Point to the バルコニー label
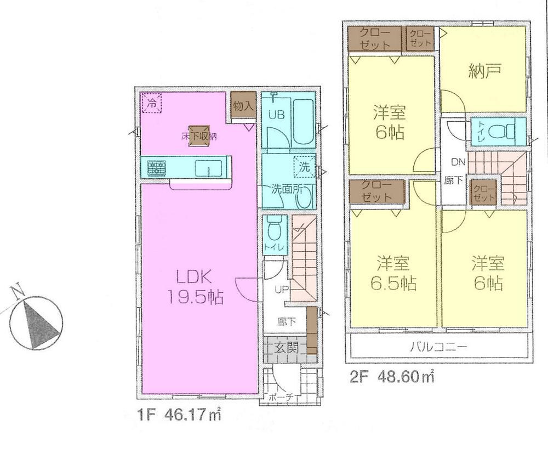438,347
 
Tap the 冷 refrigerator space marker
153,103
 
